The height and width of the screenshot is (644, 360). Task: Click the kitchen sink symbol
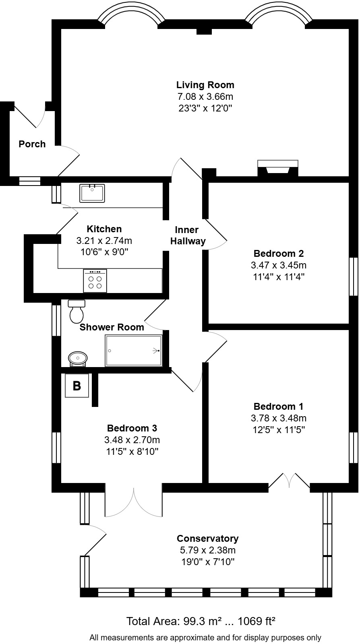(92, 193)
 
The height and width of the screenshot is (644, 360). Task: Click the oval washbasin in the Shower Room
(78, 358)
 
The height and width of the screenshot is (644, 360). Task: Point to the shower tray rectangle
(134, 351)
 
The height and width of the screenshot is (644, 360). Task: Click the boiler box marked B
(77, 386)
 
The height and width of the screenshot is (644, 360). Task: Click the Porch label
(32, 144)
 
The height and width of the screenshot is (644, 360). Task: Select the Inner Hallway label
(187, 235)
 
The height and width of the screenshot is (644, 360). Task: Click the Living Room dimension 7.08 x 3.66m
(205, 97)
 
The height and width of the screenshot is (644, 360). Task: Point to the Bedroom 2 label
(279, 254)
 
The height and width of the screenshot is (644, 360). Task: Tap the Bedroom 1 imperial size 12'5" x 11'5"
(279, 429)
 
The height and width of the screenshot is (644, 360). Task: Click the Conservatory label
(208, 539)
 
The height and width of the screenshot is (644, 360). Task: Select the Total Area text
(201, 621)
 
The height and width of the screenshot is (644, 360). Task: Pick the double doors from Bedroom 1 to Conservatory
(289, 481)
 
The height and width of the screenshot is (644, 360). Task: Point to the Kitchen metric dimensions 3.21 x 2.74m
(104, 241)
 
